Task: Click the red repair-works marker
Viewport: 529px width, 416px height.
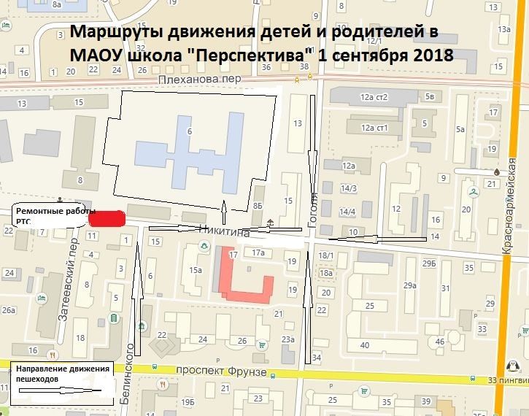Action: pyautogui.click(x=107, y=217)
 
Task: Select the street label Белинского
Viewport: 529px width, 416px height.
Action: pyautogui.click(x=132, y=369)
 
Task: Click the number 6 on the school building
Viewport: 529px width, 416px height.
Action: pyautogui.click(x=190, y=131)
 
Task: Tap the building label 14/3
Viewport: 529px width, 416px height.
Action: pyautogui.click(x=349, y=190)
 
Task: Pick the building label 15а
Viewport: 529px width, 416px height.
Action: pyautogui.click(x=195, y=270)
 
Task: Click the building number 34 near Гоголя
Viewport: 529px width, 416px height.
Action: pyautogui.click(x=316, y=358)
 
